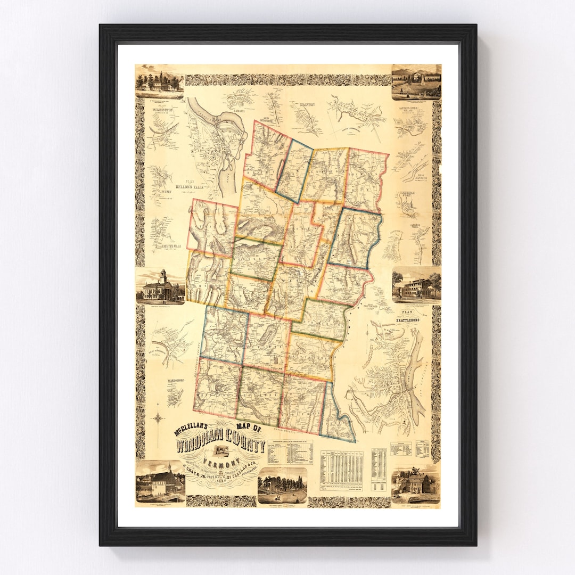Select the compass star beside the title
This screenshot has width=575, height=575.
click(x=158, y=418)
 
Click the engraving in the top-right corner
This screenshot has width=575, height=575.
click(x=416, y=82)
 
